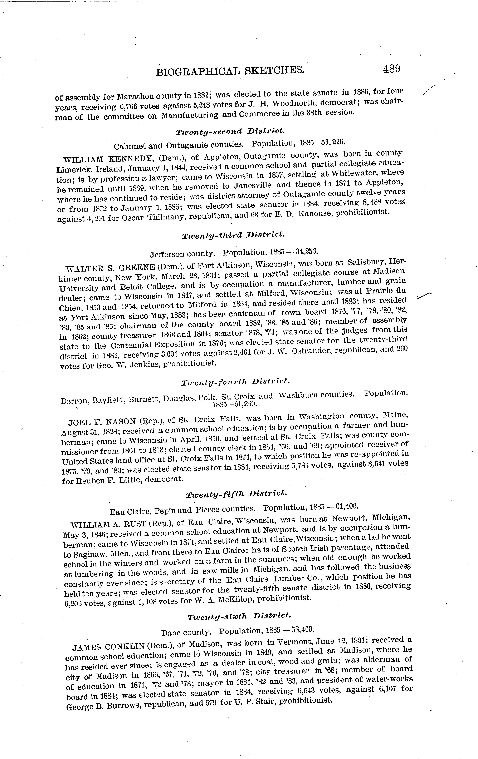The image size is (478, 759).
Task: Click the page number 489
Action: (x=391, y=68)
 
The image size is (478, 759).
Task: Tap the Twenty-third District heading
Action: (x=233, y=235)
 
